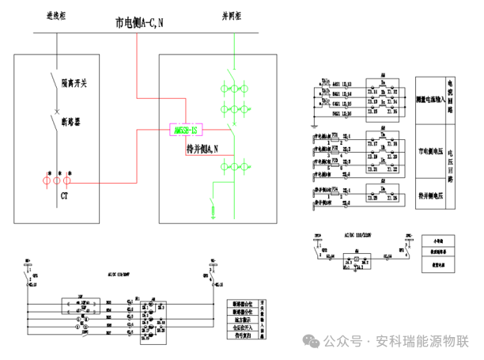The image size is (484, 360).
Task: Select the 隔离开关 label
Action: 76,81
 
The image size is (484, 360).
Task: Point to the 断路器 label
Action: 73,120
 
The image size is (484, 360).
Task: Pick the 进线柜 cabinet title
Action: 55,15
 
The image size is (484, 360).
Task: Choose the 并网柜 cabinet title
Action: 233,15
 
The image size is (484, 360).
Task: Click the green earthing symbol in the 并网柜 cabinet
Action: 213,210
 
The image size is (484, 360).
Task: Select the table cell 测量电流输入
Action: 429,100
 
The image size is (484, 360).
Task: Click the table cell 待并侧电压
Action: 429,193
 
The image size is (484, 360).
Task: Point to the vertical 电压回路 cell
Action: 451,165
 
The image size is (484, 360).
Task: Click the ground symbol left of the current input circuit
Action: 315,124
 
